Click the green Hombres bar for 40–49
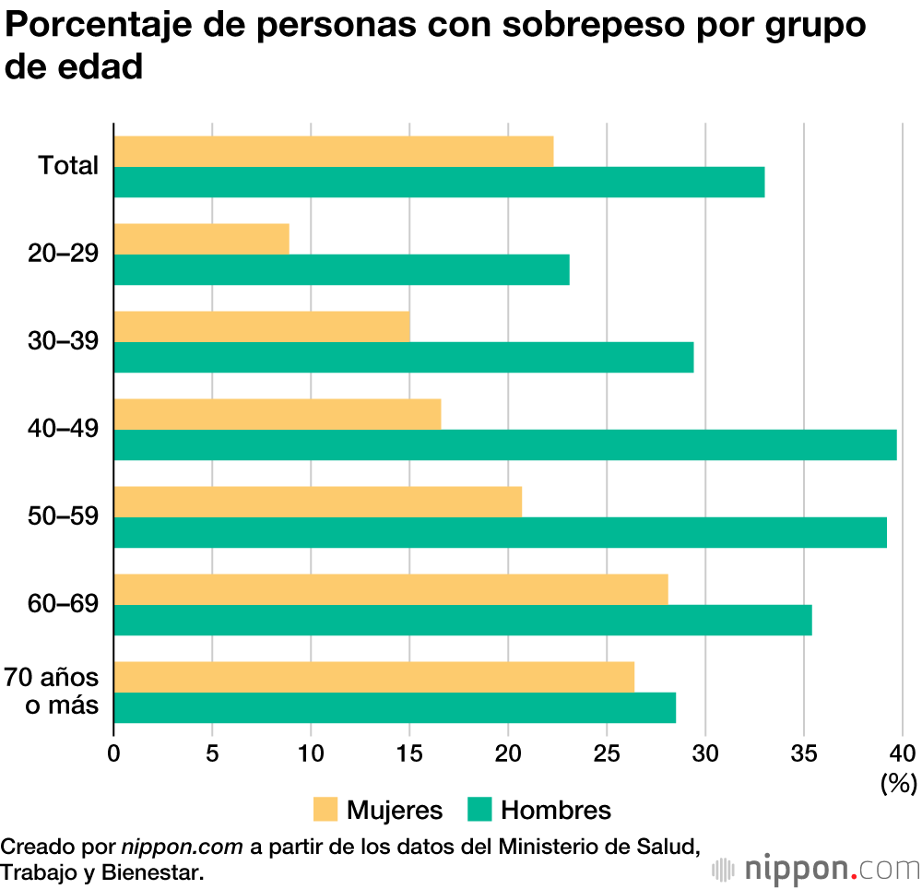[x=505, y=444]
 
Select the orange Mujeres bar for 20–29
[x=201, y=239]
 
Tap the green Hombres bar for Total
[x=439, y=182]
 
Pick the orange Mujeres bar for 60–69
[x=390, y=589]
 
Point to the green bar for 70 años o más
[x=395, y=707]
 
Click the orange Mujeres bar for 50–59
[x=317, y=502]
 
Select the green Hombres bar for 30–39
[x=403, y=357]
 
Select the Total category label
[x=68, y=166]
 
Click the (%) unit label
[x=898, y=784]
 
